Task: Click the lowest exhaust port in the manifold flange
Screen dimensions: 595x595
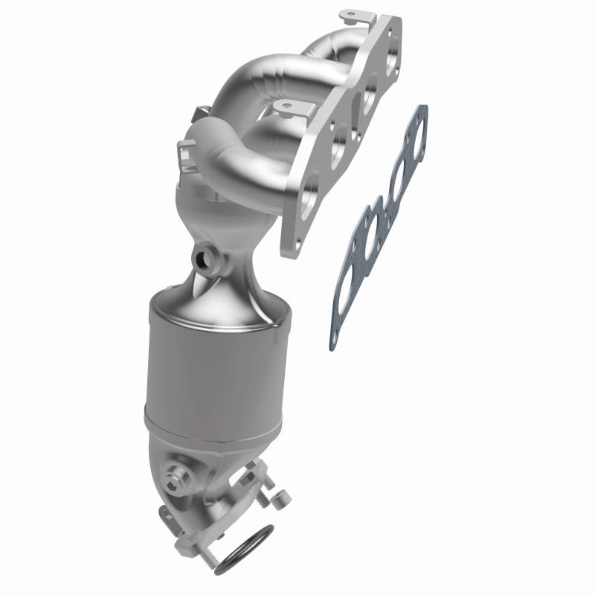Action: coord(307,197)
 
